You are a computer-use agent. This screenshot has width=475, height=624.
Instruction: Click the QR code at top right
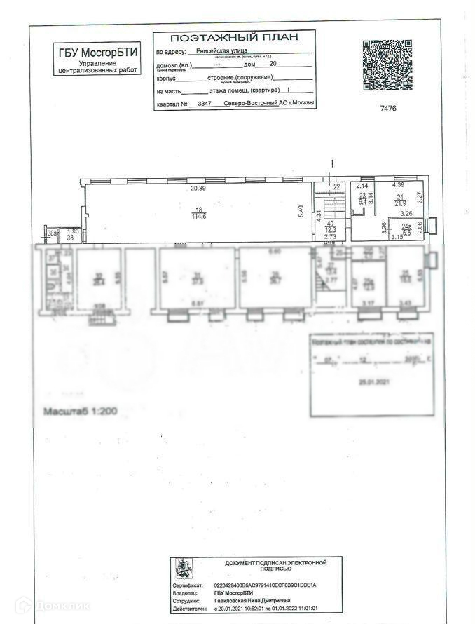[387, 65]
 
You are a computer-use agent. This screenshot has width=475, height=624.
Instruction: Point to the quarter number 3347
[205, 104]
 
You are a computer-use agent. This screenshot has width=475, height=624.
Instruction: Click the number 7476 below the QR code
[388, 108]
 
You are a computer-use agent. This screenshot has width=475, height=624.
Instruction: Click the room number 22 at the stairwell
[337, 186]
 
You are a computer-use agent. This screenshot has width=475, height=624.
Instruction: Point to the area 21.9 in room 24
[401, 203]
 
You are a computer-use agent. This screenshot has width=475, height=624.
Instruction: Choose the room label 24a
[406, 226]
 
